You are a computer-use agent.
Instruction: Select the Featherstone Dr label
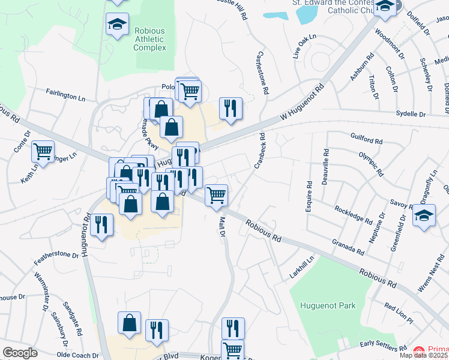[56, 254]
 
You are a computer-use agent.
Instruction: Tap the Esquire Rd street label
[310, 193]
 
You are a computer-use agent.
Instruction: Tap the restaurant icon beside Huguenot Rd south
[100, 225]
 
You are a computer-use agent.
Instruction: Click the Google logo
[20, 353]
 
